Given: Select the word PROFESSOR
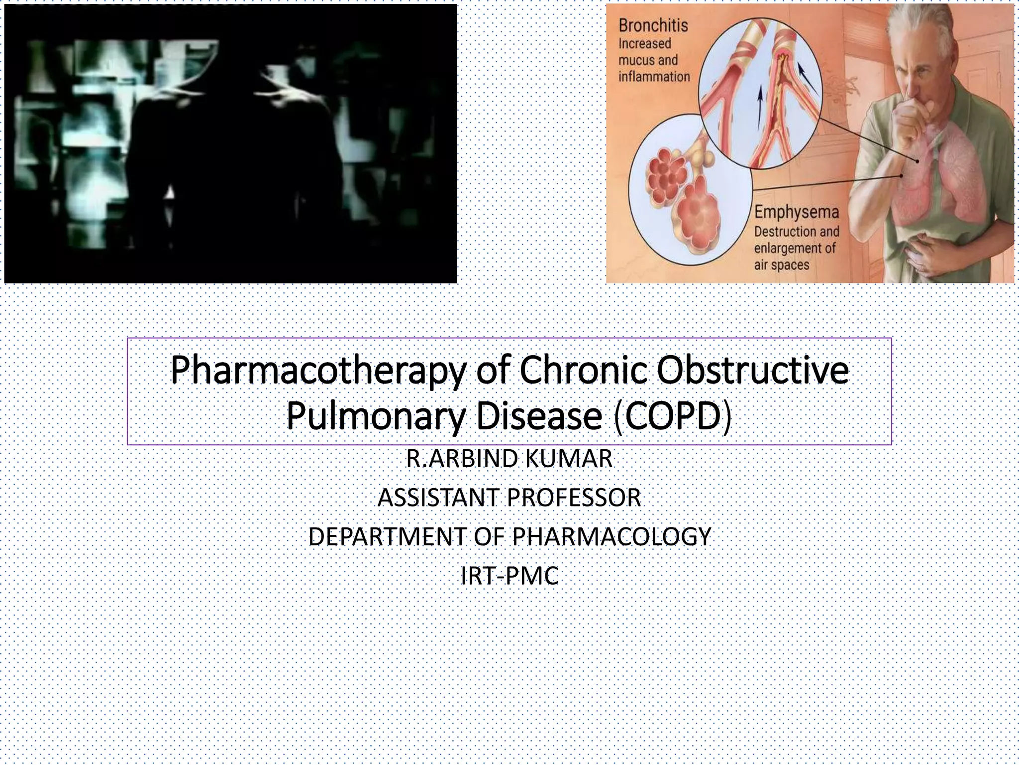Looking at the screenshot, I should (574, 498).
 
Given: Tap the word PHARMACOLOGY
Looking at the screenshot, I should (611, 536).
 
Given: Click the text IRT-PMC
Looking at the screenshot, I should (509, 576).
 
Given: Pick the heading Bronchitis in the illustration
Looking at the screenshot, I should (653, 25).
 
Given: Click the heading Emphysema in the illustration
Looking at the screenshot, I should (797, 212).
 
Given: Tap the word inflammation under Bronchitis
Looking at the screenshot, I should (654, 77).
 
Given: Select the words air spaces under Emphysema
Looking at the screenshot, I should (782, 265).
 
